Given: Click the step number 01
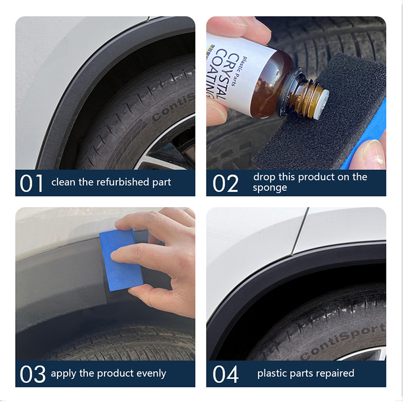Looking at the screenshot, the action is point(31,183).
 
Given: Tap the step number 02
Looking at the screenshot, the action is point(225,183).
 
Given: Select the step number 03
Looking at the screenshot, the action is point(32,374).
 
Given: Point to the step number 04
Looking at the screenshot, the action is point(225,374).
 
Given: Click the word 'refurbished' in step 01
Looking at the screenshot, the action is point(123,182).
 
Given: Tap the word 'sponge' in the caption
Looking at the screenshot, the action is point(270,188).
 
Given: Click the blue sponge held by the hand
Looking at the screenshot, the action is point(121,260).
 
